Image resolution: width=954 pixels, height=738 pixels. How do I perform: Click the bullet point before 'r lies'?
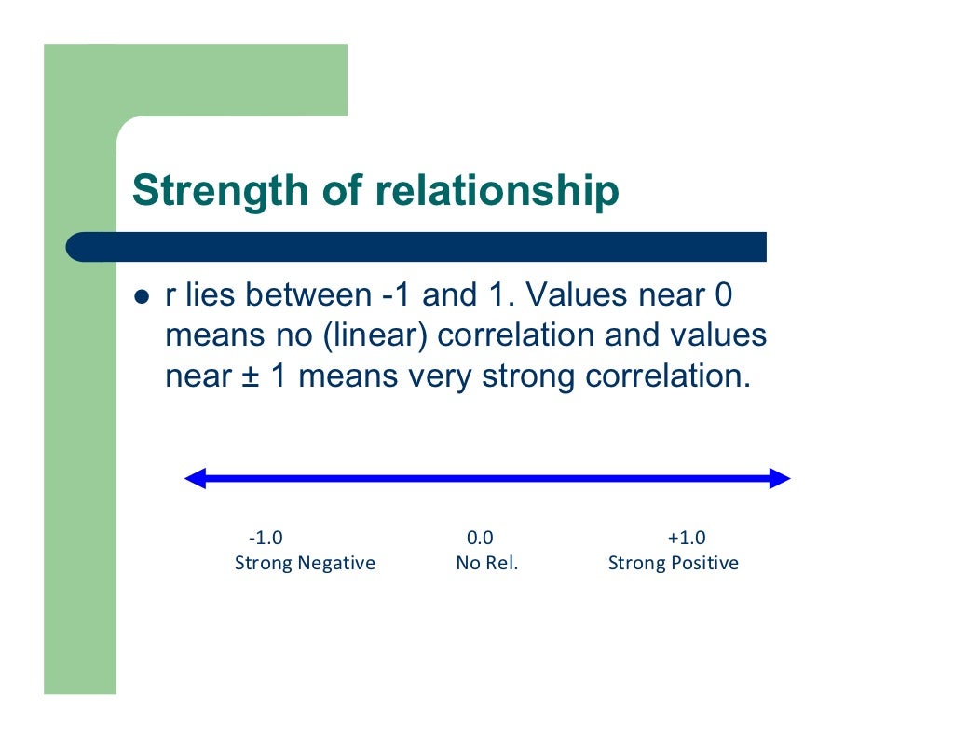143,296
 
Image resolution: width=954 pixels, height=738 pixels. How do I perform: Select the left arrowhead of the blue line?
196,479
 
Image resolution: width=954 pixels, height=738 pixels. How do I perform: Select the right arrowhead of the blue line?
780,479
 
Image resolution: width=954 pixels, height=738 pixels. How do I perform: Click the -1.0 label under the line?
266,539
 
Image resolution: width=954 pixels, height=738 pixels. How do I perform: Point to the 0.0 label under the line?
480,539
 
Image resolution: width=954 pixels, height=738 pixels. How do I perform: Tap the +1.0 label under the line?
687,539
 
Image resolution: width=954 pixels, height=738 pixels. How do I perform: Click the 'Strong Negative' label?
305,564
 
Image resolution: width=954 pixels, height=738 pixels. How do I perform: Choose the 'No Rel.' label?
486,564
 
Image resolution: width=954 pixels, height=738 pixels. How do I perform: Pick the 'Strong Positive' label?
673,564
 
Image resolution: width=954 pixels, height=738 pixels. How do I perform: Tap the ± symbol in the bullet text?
248,377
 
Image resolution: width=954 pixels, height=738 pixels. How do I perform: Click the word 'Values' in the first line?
573,296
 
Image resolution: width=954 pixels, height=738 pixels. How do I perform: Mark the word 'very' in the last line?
440,377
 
